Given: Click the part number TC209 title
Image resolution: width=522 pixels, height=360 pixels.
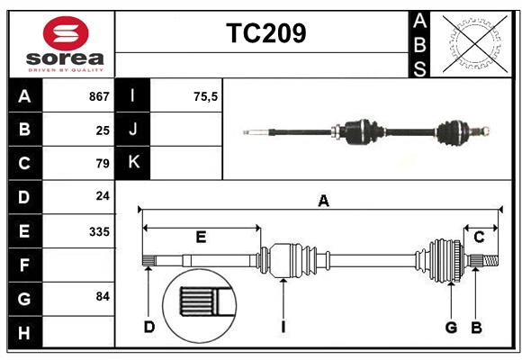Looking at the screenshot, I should coord(265,33).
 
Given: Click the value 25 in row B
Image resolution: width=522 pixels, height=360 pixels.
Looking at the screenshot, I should coord(103,130).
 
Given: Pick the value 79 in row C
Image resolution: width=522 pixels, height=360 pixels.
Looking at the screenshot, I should coord(103,164).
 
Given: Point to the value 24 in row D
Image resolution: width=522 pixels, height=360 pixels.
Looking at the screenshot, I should coord(103,196).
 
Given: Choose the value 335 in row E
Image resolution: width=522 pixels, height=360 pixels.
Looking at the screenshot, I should coord(99,231).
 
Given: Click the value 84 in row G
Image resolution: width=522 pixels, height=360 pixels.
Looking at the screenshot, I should coord(103,296).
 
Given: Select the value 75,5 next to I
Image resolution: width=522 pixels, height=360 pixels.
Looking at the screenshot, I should coord(205,96).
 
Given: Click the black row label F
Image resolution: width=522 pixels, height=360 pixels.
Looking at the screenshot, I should coord(24,265).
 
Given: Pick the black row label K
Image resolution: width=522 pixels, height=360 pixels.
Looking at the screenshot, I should coord(133,163).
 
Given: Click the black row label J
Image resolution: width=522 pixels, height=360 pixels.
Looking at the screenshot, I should coord(133,130).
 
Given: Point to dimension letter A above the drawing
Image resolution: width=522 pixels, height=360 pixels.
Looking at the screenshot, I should coord(323,202).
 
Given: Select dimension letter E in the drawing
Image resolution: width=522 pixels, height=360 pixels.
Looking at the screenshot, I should coord(201,238).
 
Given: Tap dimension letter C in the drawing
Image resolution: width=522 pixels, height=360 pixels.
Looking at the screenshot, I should coord(479,237).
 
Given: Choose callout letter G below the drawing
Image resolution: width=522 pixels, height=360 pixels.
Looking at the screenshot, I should coord(451,327).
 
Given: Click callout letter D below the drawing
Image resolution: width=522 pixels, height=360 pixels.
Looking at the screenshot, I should coord(149,327).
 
